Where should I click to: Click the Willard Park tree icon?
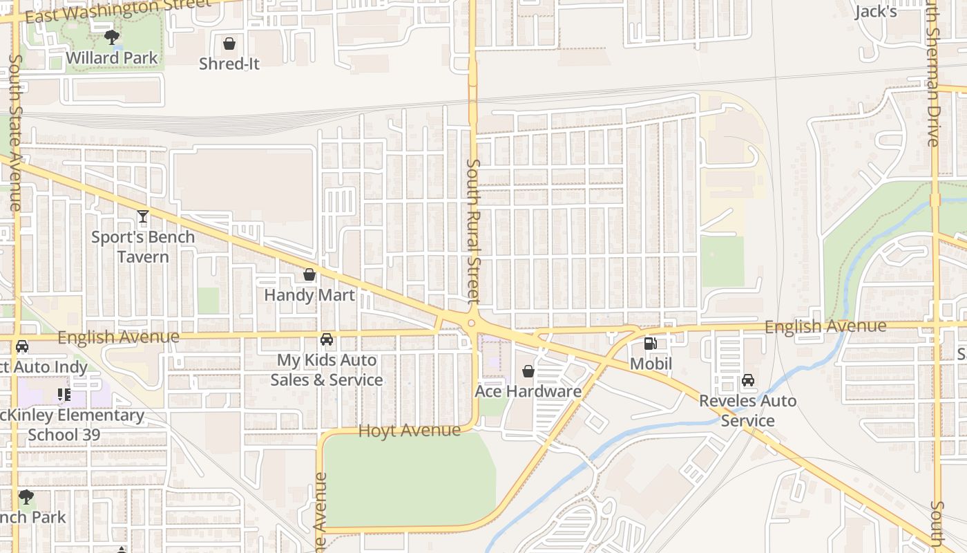(x=111, y=37)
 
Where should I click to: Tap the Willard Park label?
(x=113, y=58)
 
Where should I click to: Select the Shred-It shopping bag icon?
(x=229, y=44)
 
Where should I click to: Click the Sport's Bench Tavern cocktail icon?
(x=142, y=217)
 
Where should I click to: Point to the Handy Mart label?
(x=309, y=295)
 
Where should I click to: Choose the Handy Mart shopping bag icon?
(x=309, y=275)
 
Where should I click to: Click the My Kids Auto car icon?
(x=327, y=339)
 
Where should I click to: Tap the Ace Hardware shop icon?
(x=528, y=372)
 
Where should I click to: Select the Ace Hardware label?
(x=528, y=391)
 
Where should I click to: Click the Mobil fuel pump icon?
(x=651, y=344)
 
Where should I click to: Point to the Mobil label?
(x=651, y=364)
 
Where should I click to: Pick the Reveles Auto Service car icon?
(x=748, y=380)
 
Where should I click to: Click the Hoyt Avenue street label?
(x=409, y=431)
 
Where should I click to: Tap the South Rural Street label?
(x=473, y=232)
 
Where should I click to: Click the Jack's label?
(x=876, y=12)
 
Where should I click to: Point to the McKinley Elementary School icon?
(x=64, y=395)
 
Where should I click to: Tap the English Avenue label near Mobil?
(x=825, y=326)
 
